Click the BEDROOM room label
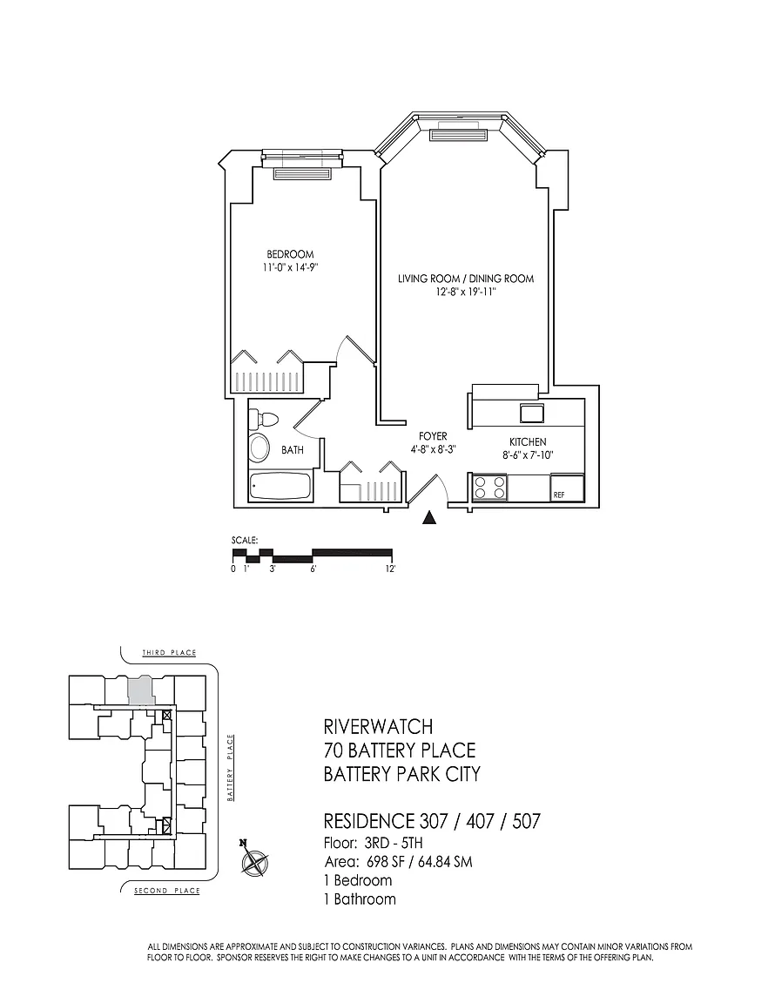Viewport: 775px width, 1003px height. [x=290, y=254]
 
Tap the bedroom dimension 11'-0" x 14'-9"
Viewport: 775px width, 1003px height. [x=290, y=267]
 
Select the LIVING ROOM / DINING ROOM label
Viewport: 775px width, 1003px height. [x=466, y=279]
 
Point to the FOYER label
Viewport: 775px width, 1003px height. [x=434, y=436]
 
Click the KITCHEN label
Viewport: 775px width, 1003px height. [x=528, y=442]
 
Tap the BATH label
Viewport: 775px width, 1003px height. [x=293, y=450]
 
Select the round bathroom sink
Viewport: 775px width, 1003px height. [x=259, y=448]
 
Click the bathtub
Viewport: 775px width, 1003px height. [x=281, y=488]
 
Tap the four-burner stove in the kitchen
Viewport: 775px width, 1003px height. [x=489, y=488]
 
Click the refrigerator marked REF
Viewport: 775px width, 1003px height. [x=567, y=488]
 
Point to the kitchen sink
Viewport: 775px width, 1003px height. [x=531, y=414]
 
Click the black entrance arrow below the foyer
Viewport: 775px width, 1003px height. [x=429, y=518]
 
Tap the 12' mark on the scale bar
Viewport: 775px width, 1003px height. [x=391, y=568]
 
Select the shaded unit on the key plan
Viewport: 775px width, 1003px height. [x=140, y=691]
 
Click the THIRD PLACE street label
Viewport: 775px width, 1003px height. [x=169, y=652]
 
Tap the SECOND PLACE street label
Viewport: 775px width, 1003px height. [x=167, y=891]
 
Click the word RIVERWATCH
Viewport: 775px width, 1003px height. [x=378, y=727]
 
